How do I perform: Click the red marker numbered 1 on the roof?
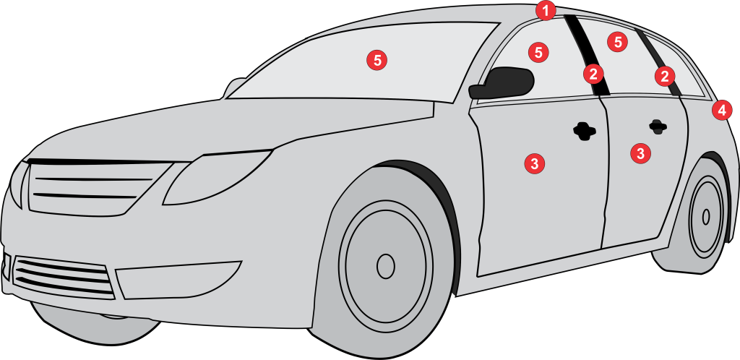[x=546, y=11]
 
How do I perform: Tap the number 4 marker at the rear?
[x=722, y=111]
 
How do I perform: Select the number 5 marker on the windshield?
[x=377, y=61]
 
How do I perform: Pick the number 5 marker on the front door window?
[x=538, y=52]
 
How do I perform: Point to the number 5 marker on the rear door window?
[x=617, y=42]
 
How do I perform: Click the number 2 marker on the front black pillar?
[x=593, y=74]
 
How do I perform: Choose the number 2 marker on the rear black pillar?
[x=665, y=76]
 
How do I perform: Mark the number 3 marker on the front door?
[x=535, y=163]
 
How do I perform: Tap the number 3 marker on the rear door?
[x=640, y=153]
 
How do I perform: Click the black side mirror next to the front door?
[x=502, y=83]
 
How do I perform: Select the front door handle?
[x=585, y=131]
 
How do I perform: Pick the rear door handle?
[x=658, y=127]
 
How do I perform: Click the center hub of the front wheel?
[x=386, y=266]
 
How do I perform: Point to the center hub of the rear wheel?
[x=706, y=217]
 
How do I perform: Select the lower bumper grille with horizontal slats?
[x=64, y=278]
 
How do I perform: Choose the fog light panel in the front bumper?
[x=179, y=280]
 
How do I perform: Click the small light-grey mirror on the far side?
[x=235, y=87]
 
